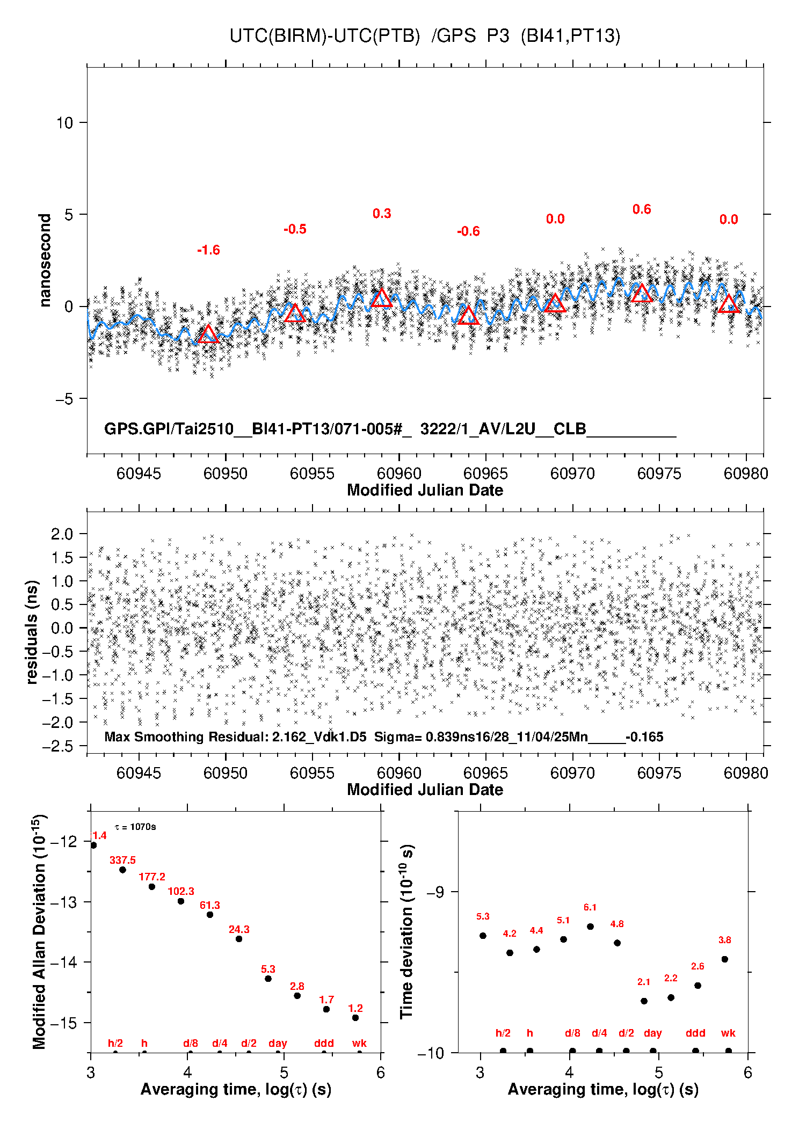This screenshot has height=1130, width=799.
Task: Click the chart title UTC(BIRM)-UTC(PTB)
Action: click(324, 36)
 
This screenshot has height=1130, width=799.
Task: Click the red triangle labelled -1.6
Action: click(208, 334)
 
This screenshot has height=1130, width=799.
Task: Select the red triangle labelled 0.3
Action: click(381, 298)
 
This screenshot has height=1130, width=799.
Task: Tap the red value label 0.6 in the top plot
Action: click(642, 209)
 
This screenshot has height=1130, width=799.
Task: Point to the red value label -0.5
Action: click(295, 229)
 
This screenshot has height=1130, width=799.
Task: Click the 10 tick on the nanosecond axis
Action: click(64, 123)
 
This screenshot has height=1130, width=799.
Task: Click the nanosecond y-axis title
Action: click(45, 260)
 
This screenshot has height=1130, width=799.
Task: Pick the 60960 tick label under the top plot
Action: click(399, 473)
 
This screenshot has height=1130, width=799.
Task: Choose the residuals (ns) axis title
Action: click(32, 632)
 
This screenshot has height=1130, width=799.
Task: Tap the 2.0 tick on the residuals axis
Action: click(62, 534)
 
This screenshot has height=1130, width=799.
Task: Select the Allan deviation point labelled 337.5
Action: click(122, 870)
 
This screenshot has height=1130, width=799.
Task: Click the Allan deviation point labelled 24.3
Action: click(239, 939)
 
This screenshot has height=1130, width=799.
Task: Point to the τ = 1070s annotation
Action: click(135, 827)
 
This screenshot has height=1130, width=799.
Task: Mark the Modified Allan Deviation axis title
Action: click(39, 931)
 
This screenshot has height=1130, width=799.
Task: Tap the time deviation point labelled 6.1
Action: click(590, 927)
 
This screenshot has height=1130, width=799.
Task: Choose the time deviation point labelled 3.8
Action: click(725, 959)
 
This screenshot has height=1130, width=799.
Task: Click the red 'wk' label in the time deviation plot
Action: click(728, 1033)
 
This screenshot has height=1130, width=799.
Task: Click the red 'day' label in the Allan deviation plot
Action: click(278, 1044)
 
